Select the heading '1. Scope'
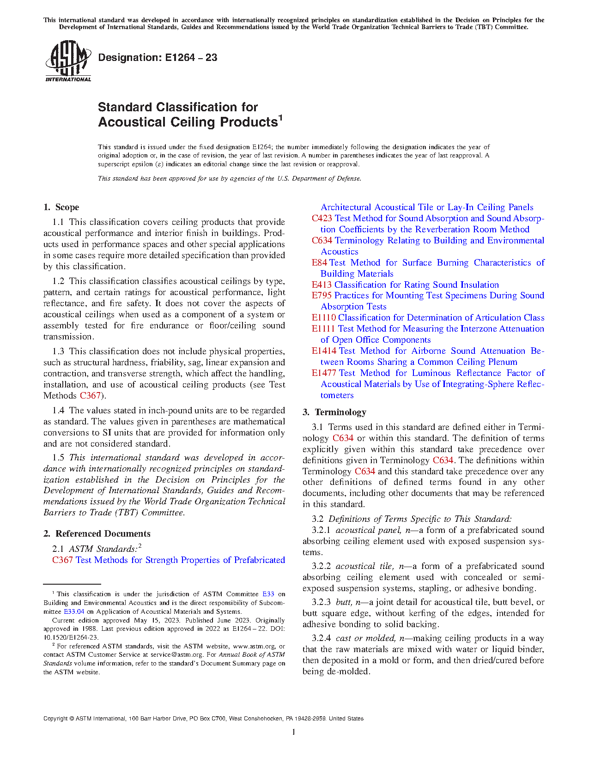click(61, 207)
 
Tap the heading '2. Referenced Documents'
click(97, 534)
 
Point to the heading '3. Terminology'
click(334, 412)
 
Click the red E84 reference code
click(319, 263)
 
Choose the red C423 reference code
click(322, 218)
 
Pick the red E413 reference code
click(322, 285)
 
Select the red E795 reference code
click(322, 296)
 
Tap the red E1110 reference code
click(323, 318)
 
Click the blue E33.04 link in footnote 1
click(74, 611)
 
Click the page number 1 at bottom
click(294, 732)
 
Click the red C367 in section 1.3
click(90, 396)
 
